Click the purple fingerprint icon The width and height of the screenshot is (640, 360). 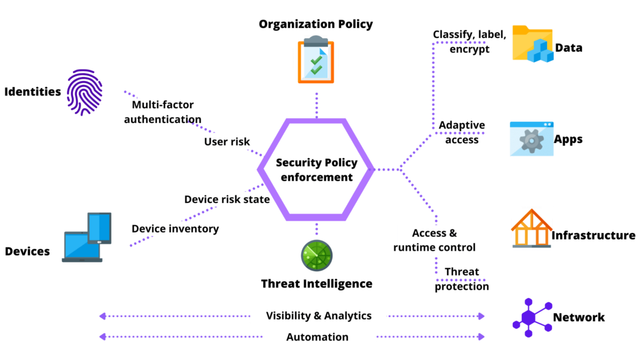[84, 92]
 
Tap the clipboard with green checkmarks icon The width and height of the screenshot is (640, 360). [316, 59]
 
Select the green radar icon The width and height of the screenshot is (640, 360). [316, 255]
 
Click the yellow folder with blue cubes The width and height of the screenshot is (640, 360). [532, 43]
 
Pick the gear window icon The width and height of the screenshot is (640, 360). [532, 139]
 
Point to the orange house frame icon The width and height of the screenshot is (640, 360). [531, 229]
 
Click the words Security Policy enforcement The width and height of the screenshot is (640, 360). [316, 170]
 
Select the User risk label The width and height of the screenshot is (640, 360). [227, 142]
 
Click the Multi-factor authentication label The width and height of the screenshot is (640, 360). [161, 111]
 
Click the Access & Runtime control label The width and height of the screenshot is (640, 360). [434, 240]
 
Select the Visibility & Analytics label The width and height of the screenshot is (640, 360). [318, 316]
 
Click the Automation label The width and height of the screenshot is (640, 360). [318, 337]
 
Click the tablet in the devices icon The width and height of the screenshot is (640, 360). [99, 227]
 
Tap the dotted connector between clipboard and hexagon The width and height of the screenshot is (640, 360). [317, 105]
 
